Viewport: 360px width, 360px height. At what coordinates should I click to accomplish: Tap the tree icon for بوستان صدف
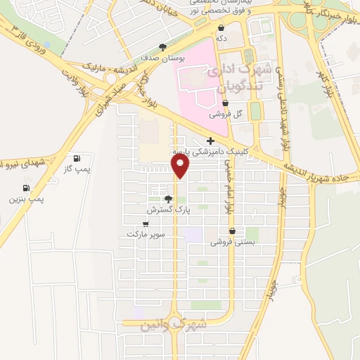[x=163, y=48]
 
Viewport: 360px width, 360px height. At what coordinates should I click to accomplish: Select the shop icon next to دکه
[x=221, y=28]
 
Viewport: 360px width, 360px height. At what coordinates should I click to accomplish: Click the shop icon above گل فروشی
[x=224, y=103]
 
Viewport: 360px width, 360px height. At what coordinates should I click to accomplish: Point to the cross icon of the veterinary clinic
[x=210, y=141]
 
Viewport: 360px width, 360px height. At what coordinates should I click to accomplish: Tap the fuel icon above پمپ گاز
[x=76, y=158]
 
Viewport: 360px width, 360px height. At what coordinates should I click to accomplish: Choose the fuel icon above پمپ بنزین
[x=26, y=188]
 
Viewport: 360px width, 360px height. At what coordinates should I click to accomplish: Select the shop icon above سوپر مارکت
[x=146, y=224]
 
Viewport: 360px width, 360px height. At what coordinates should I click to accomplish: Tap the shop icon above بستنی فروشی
[x=231, y=231]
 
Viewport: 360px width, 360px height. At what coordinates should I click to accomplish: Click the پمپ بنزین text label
[x=26, y=200]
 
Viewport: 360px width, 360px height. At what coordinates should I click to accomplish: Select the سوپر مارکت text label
[x=146, y=234]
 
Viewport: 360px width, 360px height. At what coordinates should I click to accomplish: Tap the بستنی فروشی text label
[x=231, y=242]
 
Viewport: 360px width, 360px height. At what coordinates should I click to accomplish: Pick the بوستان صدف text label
[x=163, y=59]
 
